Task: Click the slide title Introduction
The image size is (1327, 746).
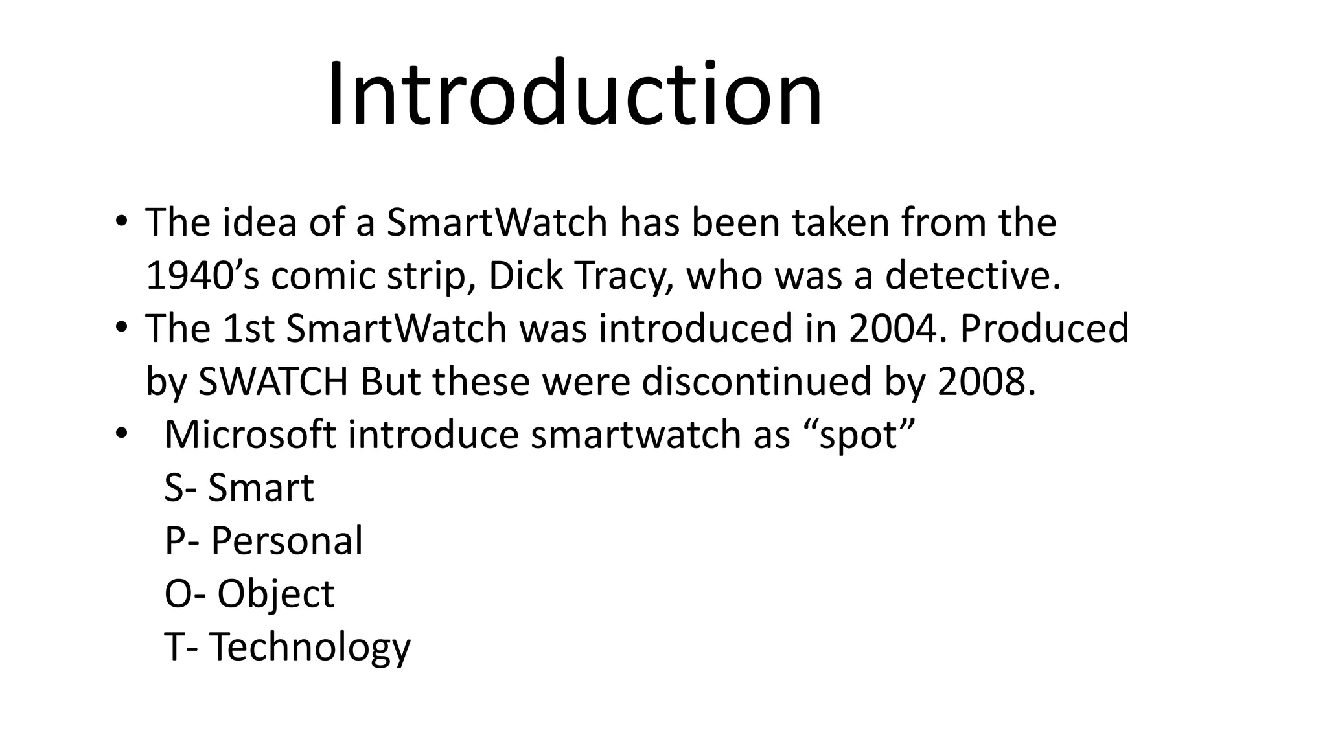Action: [574, 94]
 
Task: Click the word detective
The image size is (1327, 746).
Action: [973, 275]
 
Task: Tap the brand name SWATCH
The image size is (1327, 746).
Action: [273, 381]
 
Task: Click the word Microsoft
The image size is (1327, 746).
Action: [250, 435]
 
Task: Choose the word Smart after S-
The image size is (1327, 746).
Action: [260, 488]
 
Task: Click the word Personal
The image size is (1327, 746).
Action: [286, 541]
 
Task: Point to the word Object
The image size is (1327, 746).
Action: [275, 594]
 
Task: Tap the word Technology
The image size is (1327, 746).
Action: [310, 648]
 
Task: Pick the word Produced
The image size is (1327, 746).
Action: [1044, 328]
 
